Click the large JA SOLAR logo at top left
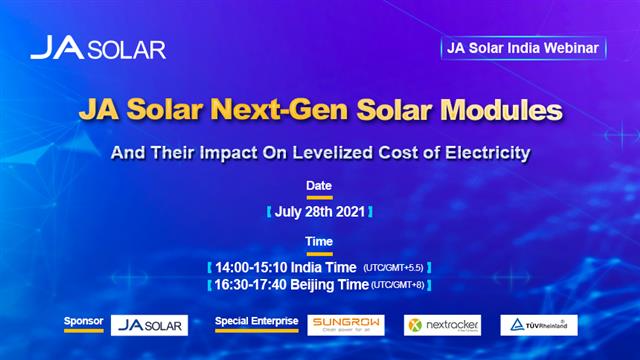[97, 48]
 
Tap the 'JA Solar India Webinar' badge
[523, 47]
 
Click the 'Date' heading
[319, 186]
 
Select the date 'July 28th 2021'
[319, 212]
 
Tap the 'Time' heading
[319, 242]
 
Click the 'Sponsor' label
[84, 322]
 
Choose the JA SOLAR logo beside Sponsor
[149, 325]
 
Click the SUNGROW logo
[345, 325]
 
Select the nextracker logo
[442, 325]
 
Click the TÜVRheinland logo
[538, 325]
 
